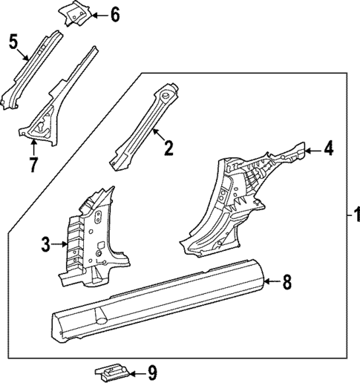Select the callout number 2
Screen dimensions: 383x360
[168, 148]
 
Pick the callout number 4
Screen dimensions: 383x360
[328, 150]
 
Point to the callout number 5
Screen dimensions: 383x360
[13, 41]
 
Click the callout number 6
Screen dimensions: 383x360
[114, 14]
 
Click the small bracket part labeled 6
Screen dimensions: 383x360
[75, 13]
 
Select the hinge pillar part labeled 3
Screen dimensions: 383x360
[93, 238]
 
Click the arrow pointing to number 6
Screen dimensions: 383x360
[98, 14]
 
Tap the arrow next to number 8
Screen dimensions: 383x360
[272, 281]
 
